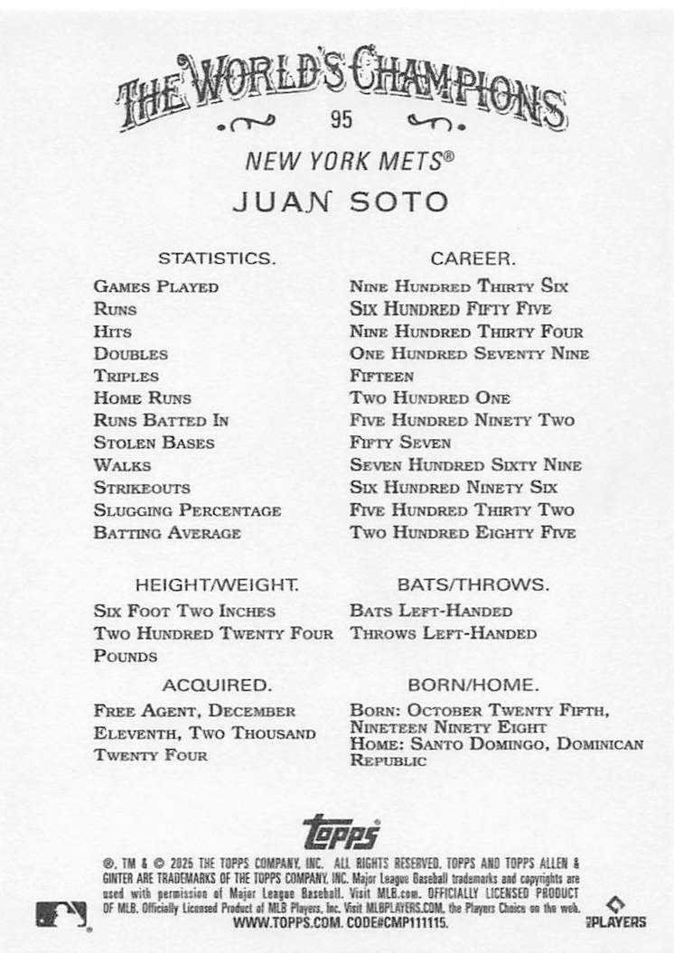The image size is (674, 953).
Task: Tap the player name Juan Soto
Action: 341,201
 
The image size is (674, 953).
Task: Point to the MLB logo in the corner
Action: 61,915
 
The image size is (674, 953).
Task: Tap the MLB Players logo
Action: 623,913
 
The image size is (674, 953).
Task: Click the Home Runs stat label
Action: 143,398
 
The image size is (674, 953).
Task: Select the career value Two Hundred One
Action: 430,398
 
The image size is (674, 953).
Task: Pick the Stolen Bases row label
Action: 154,443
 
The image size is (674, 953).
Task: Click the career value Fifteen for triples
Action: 381,376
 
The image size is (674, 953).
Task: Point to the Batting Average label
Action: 167,533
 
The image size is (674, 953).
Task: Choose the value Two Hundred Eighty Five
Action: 463,533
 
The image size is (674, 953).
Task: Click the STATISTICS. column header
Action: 217,258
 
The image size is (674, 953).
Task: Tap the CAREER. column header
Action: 473,258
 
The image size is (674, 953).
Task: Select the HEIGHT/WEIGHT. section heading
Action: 217,584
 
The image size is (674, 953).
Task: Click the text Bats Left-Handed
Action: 431,612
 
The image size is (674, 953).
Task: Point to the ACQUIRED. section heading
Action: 217,685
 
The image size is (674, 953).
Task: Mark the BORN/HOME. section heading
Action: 473,685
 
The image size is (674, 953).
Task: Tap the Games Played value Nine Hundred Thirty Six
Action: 459,287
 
